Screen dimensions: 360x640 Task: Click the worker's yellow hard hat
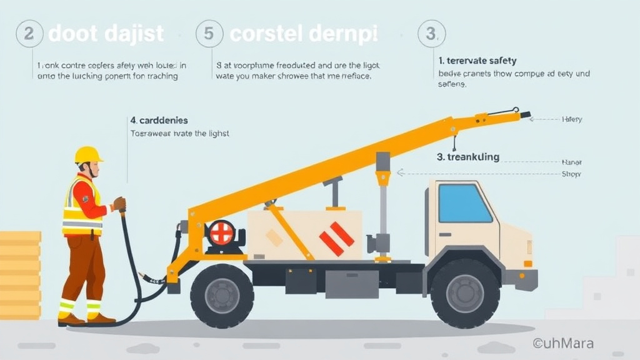pyautogui.click(x=88, y=155)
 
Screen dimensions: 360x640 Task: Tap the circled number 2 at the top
pyautogui.click(x=29, y=33)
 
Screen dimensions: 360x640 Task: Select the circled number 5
pyautogui.click(x=209, y=33)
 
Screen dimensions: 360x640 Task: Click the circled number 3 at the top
pyautogui.click(x=431, y=33)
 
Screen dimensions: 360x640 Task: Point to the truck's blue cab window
pyautogui.click(x=464, y=203)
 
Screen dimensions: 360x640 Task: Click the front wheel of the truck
pyautogui.click(x=464, y=293)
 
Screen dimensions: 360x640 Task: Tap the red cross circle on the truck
pyautogui.click(x=221, y=232)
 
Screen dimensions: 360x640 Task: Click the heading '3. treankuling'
pyautogui.click(x=468, y=157)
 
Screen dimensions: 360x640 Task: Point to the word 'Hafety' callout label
pyautogui.click(x=572, y=119)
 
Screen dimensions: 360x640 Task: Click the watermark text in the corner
pyautogui.click(x=563, y=342)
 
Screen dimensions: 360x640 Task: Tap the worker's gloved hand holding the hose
pyautogui.click(x=119, y=204)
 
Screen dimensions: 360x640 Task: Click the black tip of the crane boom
pyautogui.click(x=525, y=115)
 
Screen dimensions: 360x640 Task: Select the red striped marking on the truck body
pyautogui.click(x=336, y=238)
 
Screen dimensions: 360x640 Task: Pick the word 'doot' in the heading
pyautogui.click(x=69, y=34)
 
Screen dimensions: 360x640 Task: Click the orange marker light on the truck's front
pyautogui.click(x=527, y=264)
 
